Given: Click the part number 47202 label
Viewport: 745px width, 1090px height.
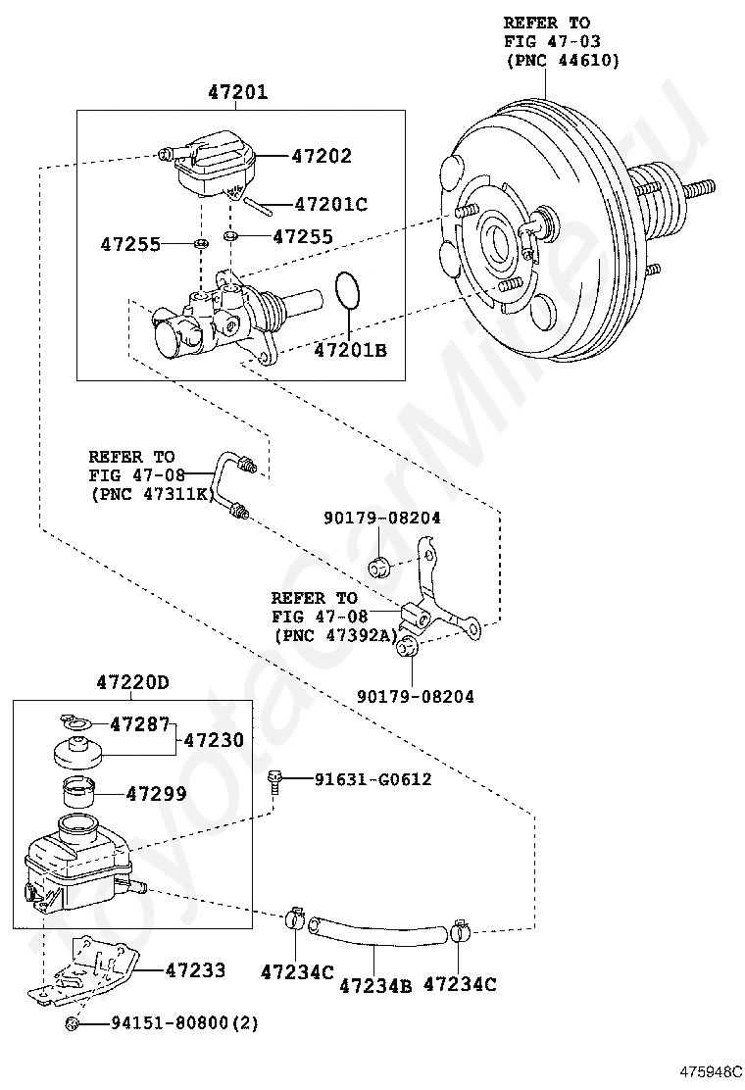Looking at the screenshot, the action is point(322,156).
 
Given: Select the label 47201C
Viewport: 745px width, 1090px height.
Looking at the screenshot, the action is point(330,204).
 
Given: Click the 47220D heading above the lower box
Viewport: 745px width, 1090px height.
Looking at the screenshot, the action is point(132,682).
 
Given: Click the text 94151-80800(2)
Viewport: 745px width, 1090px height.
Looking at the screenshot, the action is point(185,1022).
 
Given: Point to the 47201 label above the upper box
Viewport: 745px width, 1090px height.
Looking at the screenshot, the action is point(237,92).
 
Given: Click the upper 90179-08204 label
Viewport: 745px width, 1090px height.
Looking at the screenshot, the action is point(381,518).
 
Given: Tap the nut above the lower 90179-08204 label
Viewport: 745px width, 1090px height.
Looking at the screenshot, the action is point(406,648).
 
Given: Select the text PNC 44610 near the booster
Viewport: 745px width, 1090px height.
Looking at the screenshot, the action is point(563,61).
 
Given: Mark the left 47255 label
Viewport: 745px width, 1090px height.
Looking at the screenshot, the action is point(130,244).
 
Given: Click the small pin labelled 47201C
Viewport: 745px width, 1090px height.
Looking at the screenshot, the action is point(258,204).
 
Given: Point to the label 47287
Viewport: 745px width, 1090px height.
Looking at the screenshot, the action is point(139,724).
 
